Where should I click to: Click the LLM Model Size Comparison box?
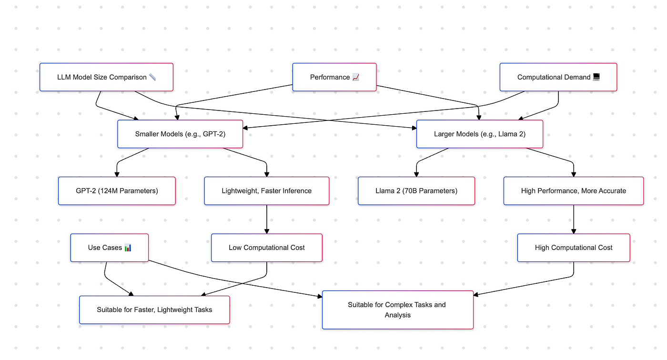pos(106,77)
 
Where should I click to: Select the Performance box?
pos(334,77)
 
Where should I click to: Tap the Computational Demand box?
pos(558,77)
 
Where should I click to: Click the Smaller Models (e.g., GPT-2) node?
pos(180,134)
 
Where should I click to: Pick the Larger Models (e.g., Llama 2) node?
pos(479,134)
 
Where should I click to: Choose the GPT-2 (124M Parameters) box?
pos(117,191)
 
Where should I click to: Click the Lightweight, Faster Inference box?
pos(266,191)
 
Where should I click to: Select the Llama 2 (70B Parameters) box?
pos(416,191)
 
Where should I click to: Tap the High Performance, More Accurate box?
pos(573,191)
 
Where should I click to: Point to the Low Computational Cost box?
pos(266,248)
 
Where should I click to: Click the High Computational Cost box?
pos(573,248)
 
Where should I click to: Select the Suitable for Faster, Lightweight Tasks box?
pos(154,310)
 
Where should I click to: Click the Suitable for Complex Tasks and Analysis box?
pos(397,310)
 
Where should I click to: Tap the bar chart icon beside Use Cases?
pos(128,248)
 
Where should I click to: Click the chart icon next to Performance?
pos(355,77)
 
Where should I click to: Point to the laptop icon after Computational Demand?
pos(596,77)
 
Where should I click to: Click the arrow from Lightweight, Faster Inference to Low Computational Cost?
pos(266,219)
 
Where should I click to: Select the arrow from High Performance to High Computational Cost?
pos(573,219)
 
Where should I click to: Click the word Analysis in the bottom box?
pos(397,315)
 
